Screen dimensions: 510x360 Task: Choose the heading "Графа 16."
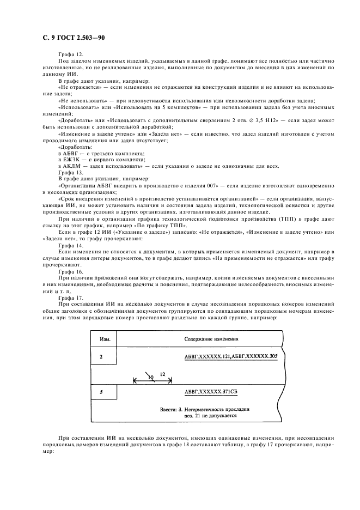[x=70, y=270]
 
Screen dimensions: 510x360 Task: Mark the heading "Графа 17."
[x=70, y=298]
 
